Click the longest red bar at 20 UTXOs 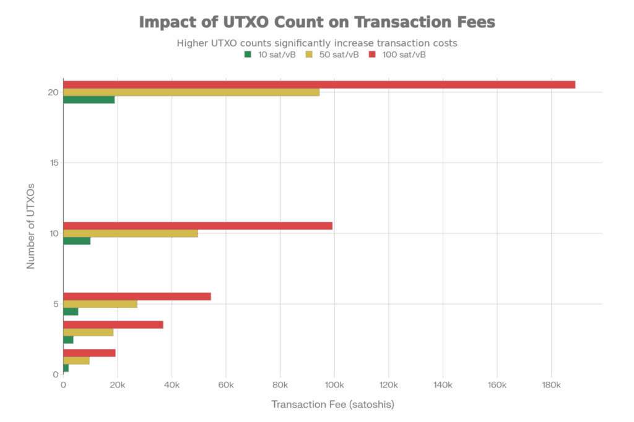(319, 85)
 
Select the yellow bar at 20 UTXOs (191, 92)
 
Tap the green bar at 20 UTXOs (89, 100)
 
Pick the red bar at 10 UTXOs (198, 226)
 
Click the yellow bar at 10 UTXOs (131, 233)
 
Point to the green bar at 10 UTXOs (77, 241)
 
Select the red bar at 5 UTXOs (137, 296)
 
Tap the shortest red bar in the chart (90, 353)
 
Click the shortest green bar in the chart (66, 369)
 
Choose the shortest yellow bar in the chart (77, 361)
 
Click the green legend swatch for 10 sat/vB (248, 54)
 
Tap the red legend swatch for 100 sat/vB (372, 54)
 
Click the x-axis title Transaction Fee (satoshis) (332, 405)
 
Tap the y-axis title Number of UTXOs (30, 226)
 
